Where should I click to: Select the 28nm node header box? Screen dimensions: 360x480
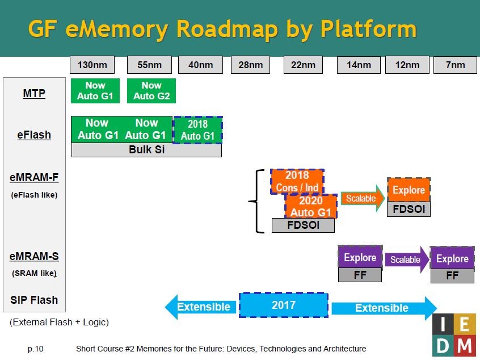pyautogui.click(x=250, y=65)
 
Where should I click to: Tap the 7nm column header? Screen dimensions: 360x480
pyautogui.click(x=455, y=65)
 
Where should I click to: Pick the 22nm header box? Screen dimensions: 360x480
pyautogui.click(x=303, y=65)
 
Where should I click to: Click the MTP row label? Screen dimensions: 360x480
pyautogui.click(x=34, y=93)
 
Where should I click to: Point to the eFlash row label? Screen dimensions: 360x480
pyautogui.click(x=34, y=135)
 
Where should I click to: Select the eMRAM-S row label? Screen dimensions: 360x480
pyautogui.click(x=34, y=257)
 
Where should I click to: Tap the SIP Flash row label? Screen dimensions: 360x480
pyautogui.click(x=34, y=300)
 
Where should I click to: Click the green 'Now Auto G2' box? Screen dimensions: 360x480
pyautogui.click(x=151, y=91)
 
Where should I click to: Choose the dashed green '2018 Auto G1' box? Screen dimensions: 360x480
pyautogui.click(x=197, y=130)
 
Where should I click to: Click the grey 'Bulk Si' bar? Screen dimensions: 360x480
pyautogui.click(x=146, y=150)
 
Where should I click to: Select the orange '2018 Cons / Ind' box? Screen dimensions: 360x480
pyautogui.click(x=297, y=181)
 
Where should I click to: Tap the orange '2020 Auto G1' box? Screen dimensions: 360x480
pyautogui.click(x=310, y=207)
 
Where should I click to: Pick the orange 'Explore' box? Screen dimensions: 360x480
pyautogui.click(x=409, y=190)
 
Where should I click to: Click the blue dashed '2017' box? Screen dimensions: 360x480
pyautogui.click(x=284, y=305)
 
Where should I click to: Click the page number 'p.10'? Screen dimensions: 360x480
pyautogui.click(x=35, y=349)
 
